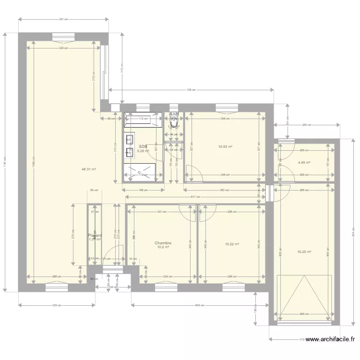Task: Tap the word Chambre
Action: coord(163,243)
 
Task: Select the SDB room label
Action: coord(143,147)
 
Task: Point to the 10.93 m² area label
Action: coord(225,147)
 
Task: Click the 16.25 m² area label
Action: coord(304,252)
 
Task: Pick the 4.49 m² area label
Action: coord(304,163)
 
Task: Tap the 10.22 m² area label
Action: coord(232,244)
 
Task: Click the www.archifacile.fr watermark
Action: coord(331,339)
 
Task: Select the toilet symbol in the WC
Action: coord(174,122)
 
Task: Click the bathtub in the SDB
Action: coord(143,120)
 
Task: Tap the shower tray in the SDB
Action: coord(140,172)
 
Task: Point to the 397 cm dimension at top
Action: coord(63,20)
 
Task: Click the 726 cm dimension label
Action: coord(191,90)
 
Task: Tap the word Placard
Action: coord(95,236)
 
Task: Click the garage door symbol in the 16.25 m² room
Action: coord(304,298)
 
